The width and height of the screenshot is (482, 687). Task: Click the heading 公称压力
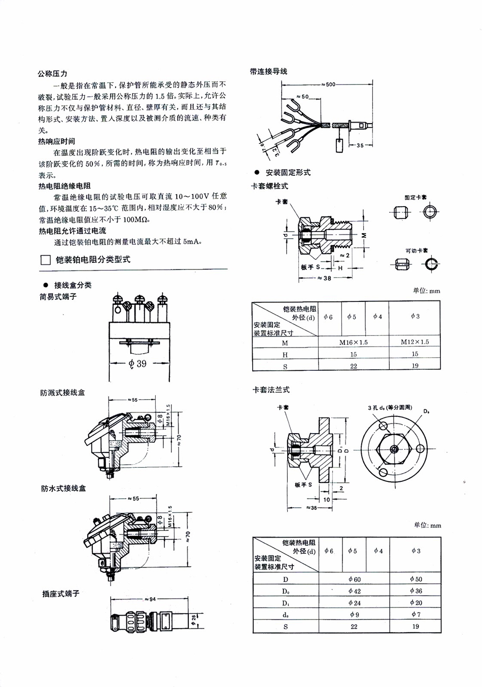click(x=53, y=73)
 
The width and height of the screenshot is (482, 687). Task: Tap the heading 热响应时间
click(x=56, y=141)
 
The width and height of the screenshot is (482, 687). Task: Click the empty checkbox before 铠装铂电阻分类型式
click(x=45, y=260)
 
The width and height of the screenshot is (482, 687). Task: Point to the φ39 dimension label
click(x=137, y=363)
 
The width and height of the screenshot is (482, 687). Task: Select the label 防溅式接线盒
click(x=62, y=393)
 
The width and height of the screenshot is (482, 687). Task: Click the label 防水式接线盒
click(x=63, y=488)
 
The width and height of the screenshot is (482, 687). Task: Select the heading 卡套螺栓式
click(x=269, y=186)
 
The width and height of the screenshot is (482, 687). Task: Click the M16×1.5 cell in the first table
click(x=353, y=342)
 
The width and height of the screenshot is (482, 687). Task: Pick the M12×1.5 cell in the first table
click(x=415, y=342)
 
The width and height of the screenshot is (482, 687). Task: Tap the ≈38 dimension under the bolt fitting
click(x=324, y=278)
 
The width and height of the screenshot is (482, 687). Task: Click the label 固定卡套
click(x=415, y=198)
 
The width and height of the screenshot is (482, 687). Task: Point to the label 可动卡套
click(x=416, y=251)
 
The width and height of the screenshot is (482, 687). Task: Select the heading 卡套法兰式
click(x=271, y=390)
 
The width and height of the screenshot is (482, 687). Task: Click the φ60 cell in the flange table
click(x=354, y=579)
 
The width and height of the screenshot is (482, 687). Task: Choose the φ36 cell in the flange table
click(x=415, y=591)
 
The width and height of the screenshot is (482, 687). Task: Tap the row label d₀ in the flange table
click(x=285, y=615)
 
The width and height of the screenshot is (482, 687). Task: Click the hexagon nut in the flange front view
click(x=394, y=448)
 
